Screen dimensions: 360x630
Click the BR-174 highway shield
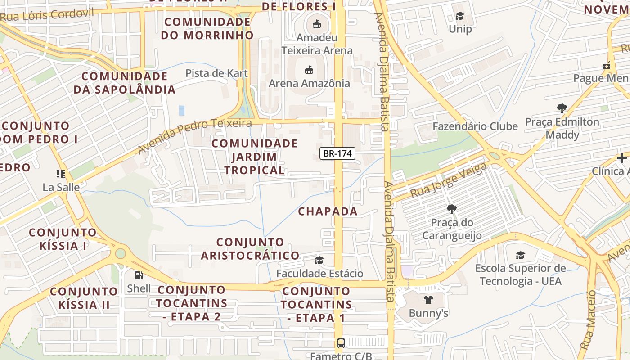pyautogui.click(x=337, y=153)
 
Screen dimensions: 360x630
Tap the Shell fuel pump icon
pyautogui.click(x=139, y=275)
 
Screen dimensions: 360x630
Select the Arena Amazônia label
pyautogui.click(x=309, y=83)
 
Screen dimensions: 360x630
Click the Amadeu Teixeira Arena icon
pyautogui.click(x=317, y=24)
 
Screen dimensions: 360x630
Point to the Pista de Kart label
pyautogui.click(x=216, y=73)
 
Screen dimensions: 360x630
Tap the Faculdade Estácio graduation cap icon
pyautogui.click(x=319, y=260)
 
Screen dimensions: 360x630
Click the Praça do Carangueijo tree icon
pyautogui.click(x=451, y=209)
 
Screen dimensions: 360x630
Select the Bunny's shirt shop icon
pyautogui.click(x=428, y=299)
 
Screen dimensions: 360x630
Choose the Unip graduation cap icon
pyautogui.click(x=460, y=16)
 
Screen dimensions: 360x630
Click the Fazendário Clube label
pyautogui.click(x=475, y=126)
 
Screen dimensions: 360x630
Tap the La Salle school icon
pyautogui.click(x=61, y=174)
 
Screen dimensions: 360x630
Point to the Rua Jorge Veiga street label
pyautogui.click(x=448, y=181)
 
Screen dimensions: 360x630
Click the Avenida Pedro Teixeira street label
pyautogui.click(x=194, y=136)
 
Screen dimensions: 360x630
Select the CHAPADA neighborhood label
pyautogui.click(x=328, y=211)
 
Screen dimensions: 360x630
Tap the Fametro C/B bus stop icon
pyautogui.click(x=341, y=343)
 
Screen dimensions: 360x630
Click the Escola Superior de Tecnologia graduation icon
pyautogui.click(x=520, y=256)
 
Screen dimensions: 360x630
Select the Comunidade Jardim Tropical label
pyautogui.click(x=255, y=157)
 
